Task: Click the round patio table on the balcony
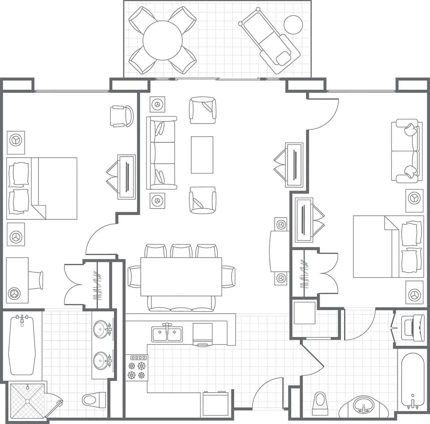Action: click(163, 40)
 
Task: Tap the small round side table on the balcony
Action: click(293, 25)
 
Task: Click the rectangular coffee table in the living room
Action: click(202, 155)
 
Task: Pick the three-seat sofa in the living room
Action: click(162, 153)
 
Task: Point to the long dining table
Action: click(181, 277)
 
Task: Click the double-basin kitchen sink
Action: click(167, 334)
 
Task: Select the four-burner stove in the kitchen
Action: click(137, 368)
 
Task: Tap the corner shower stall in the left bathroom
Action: click(27, 401)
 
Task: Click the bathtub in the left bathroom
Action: click(21, 345)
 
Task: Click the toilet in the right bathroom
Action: click(320, 403)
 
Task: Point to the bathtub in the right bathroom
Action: click(412, 381)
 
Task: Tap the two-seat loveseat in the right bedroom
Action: click(407, 150)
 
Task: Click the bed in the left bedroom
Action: click(42, 188)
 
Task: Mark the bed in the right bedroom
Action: click(388, 247)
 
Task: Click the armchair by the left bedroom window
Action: click(122, 116)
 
